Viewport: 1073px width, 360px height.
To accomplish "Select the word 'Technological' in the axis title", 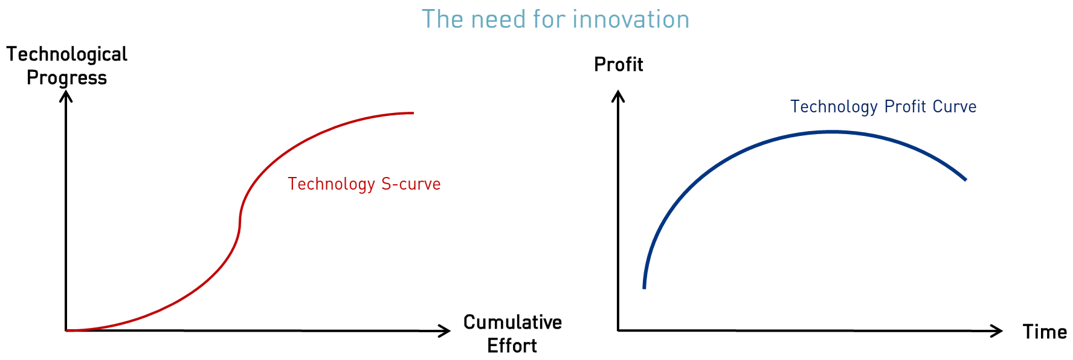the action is pyautogui.click(x=67, y=54).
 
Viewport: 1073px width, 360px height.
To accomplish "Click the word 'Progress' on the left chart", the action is pyautogui.click(x=67, y=78).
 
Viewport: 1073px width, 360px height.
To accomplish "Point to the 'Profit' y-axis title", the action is pyautogui.click(x=619, y=65).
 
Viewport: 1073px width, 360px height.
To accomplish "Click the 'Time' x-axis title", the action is pyautogui.click(x=1045, y=332).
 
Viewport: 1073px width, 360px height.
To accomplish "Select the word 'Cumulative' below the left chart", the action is pyautogui.click(x=512, y=323).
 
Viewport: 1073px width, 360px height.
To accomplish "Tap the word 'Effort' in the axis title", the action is pyautogui.click(x=512, y=346).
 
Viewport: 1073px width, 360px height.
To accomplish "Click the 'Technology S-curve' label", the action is pyautogui.click(x=364, y=184).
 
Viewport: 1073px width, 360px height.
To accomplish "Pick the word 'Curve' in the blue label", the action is pyautogui.click(x=955, y=107).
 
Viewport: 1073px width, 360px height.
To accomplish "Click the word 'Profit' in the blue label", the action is pyautogui.click(x=905, y=107).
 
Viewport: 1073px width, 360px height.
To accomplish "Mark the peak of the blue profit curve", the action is pyautogui.click(x=833, y=132).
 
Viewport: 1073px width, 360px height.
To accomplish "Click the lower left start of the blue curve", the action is pyautogui.click(x=644, y=288).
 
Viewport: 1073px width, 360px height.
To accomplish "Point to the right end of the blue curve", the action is pyautogui.click(x=965, y=179).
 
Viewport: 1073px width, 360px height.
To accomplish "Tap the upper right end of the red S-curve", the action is pyautogui.click(x=413, y=113).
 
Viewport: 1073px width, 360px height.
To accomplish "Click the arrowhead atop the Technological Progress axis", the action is pyautogui.click(x=66, y=95).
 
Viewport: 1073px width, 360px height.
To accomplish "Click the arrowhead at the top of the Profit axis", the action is pyautogui.click(x=618, y=95).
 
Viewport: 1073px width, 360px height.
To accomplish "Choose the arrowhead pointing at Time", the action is pyautogui.click(x=997, y=331).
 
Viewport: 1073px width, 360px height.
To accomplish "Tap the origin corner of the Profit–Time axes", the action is pyautogui.click(x=618, y=330).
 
